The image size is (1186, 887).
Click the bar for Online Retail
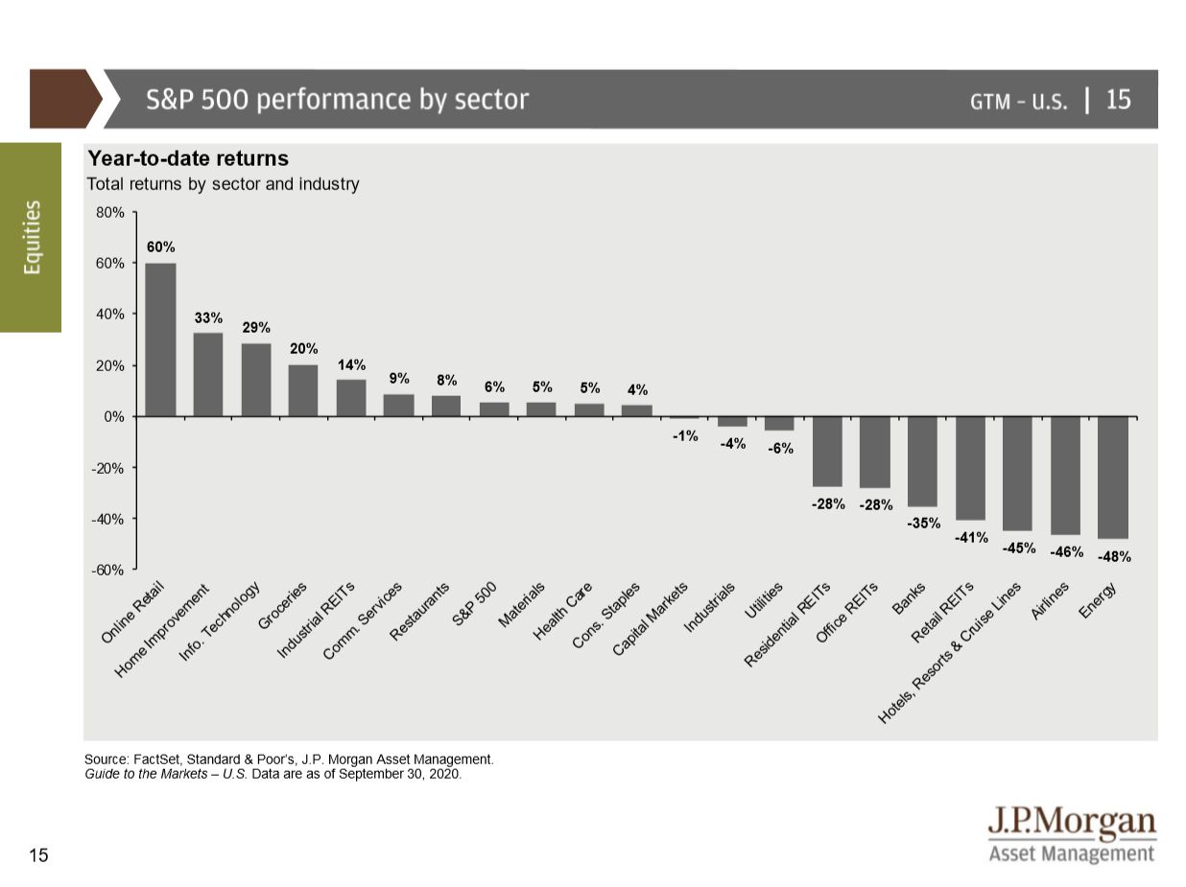click(160, 339)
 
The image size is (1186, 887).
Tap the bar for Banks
click(922, 461)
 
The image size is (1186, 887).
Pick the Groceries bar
click(303, 390)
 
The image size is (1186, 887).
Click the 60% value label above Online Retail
click(160, 247)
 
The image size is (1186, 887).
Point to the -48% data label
click(1114, 556)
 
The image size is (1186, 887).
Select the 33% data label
click(208, 317)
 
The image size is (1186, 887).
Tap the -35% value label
click(923, 524)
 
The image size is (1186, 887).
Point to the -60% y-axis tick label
click(107, 571)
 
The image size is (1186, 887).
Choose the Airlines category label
click(1051, 601)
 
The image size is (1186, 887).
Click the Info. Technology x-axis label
click(221, 623)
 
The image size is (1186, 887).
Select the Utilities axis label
click(764, 602)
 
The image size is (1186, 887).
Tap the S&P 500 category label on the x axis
click(475, 603)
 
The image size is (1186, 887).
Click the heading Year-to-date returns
click(188, 159)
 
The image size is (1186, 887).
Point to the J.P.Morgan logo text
click(1072, 824)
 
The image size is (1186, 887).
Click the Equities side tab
click(32, 237)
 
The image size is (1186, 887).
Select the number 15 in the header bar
click(1118, 100)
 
